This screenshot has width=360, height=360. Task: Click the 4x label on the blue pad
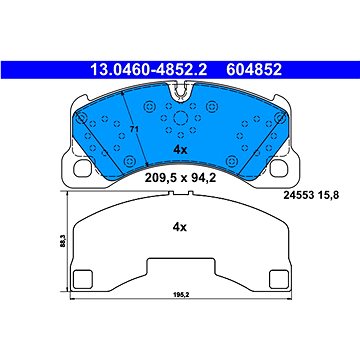point(181,151)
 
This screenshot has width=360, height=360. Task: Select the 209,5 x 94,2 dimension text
point(181,181)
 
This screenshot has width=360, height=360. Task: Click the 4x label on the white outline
point(181,227)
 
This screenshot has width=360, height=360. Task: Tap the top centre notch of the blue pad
point(181,93)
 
